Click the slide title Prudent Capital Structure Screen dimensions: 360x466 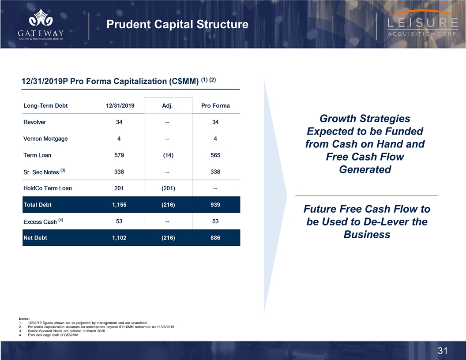tap(177, 24)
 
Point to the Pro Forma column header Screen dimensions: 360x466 tap(215, 106)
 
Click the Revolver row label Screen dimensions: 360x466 tap(34, 122)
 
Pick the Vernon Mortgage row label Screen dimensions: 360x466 tap(45, 139)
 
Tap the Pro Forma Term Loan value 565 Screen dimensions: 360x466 tap(215, 155)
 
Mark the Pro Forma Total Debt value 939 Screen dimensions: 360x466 tap(215, 205)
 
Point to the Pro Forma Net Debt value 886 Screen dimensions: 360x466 tap(215, 238)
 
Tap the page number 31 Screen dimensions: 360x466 tap(443, 351)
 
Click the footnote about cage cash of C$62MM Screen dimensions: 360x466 tap(53, 336)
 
